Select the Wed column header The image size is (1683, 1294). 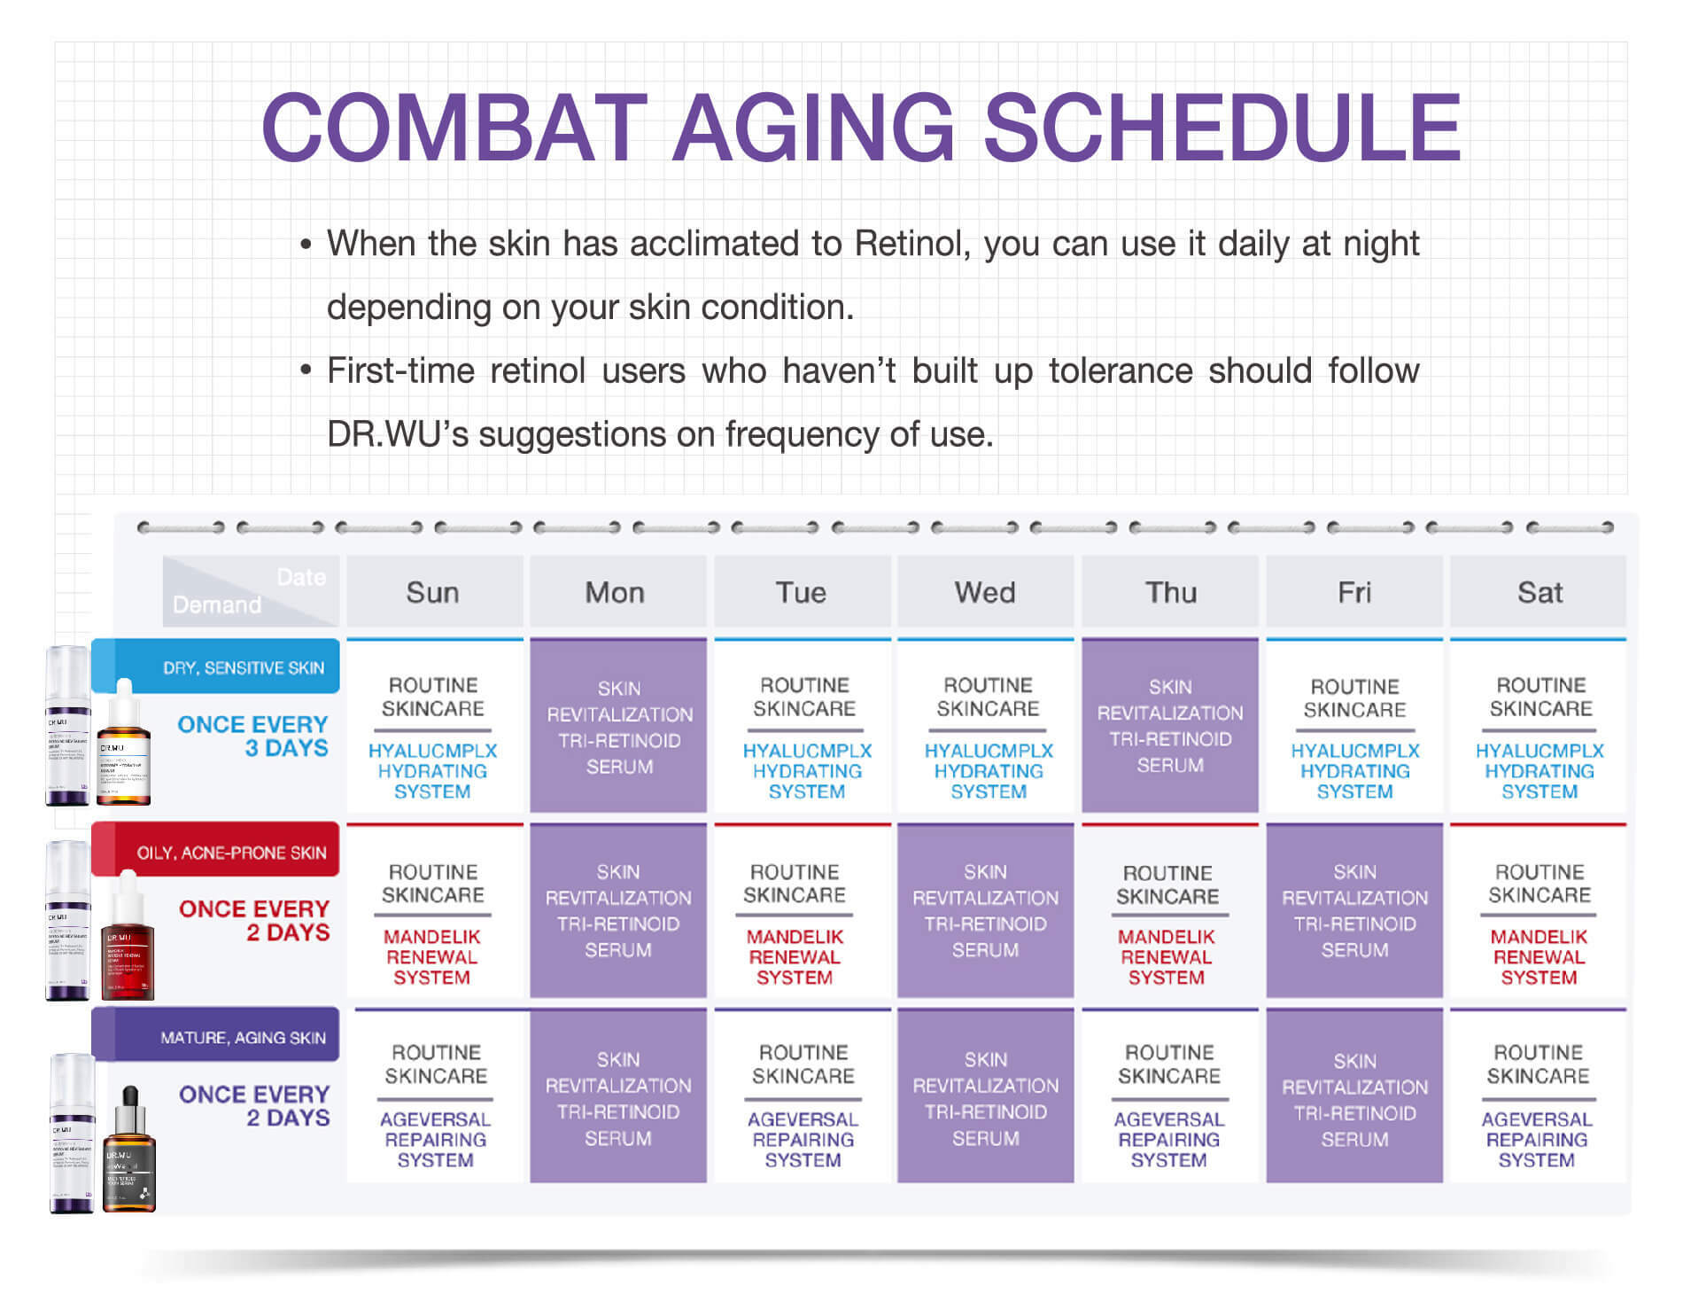click(985, 592)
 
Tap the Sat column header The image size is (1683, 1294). click(1539, 592)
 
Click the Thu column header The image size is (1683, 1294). click(1170, 592)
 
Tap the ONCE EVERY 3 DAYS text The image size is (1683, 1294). click(253, 737)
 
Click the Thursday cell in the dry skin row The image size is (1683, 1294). click(1170, 726)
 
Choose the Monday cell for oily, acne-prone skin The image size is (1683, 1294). click(618, 910)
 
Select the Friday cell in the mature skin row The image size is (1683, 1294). click(1354, 1096)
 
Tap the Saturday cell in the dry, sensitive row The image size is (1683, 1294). click(1539, 726)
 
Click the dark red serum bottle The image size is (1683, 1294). click(128, 939)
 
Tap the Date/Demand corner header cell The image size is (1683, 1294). click(250, 591)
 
